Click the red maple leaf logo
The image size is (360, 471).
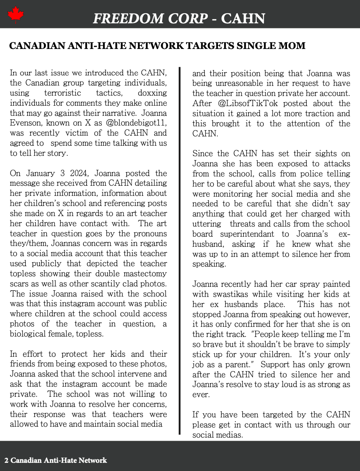click(16, 15)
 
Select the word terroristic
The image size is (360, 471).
click(63, 93)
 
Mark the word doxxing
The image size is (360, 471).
click(152, 93)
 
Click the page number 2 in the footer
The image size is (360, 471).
click(7, 461)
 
